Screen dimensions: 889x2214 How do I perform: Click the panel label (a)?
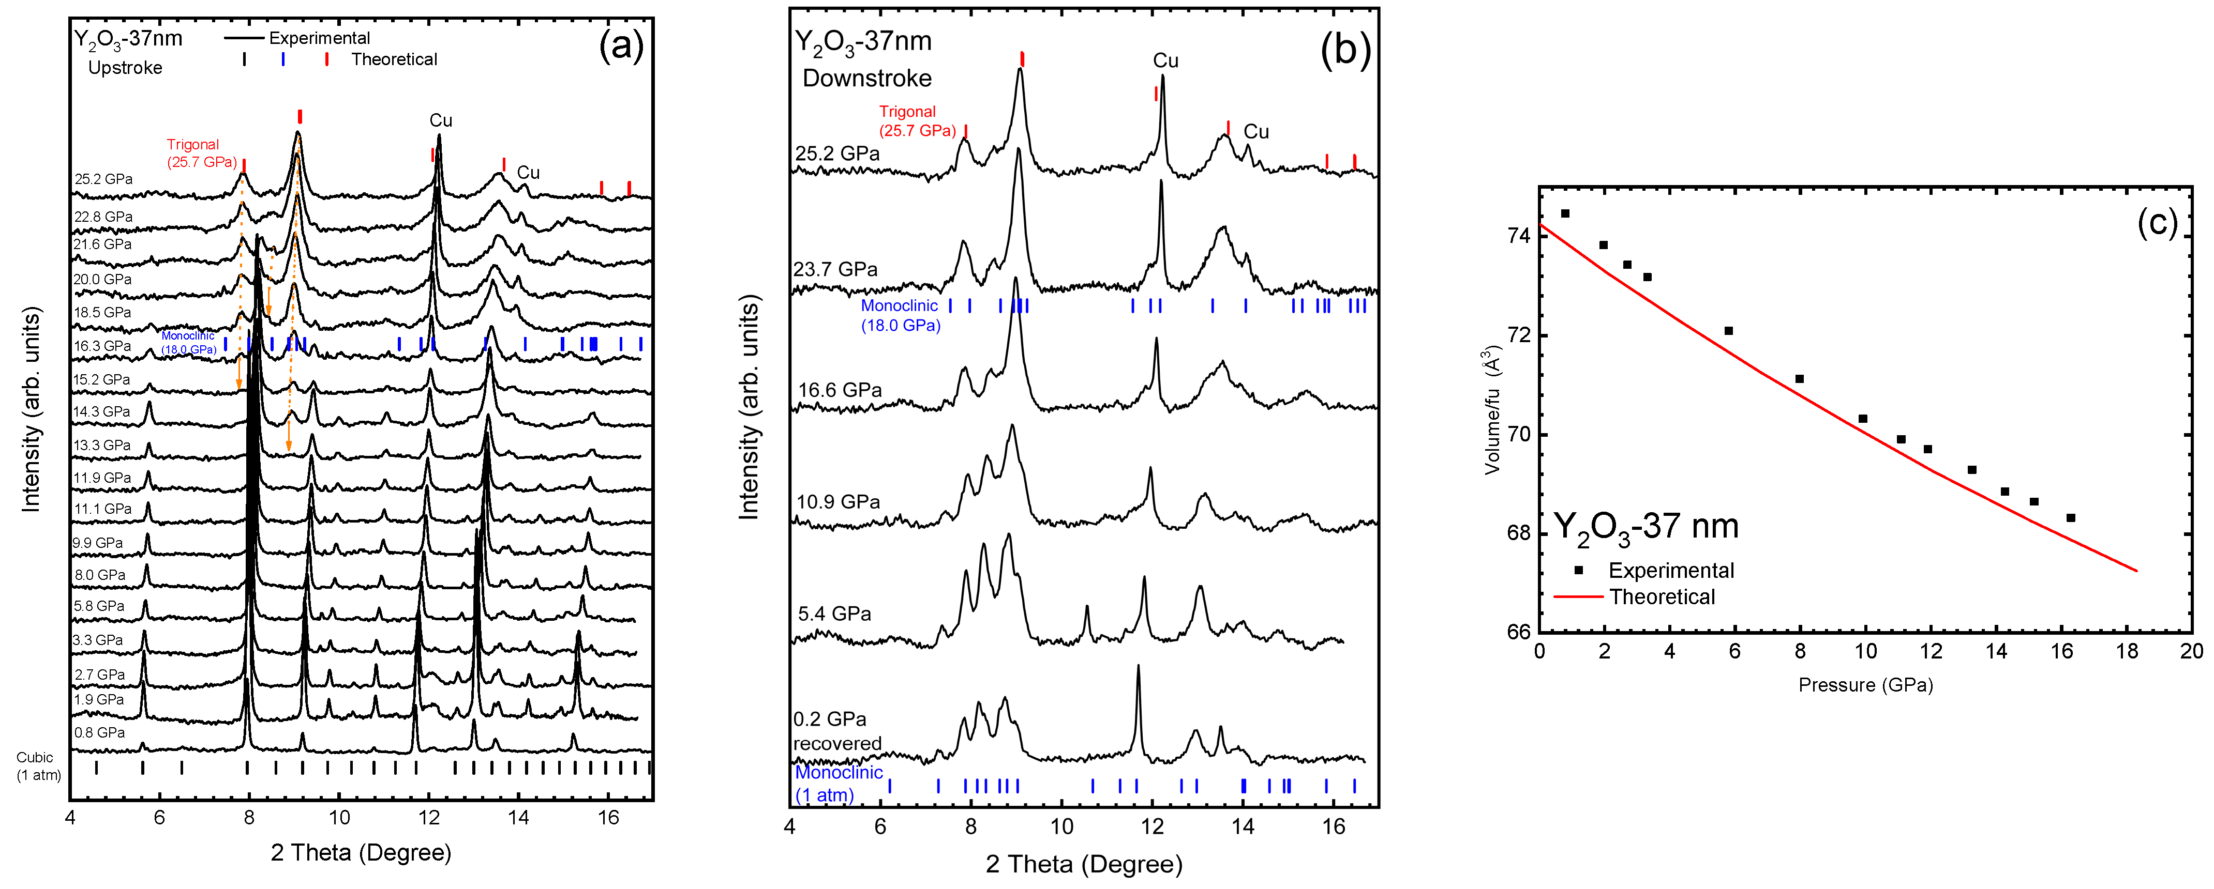click(x=621, y=45)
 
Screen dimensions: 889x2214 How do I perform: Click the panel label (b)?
click(x=1345, y=49)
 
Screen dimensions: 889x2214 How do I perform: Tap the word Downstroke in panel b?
click(x=866, y=78)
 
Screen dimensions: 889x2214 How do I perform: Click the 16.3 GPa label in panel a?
click(x=102, y=346)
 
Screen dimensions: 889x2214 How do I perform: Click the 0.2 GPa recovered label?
click(x=836, y=731)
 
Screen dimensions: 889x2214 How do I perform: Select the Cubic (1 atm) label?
click(x=38, y=766)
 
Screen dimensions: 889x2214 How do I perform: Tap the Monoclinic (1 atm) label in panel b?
click(x=838, y=784)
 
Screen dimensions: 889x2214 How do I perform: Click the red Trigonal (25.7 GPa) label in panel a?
click(x=201, y=153)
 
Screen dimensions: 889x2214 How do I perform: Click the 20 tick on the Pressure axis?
click(x=2191, y=651)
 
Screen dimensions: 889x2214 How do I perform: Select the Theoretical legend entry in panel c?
click(x=1660, y=597)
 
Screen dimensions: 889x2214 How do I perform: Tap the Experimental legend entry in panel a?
click(x=319, y=38)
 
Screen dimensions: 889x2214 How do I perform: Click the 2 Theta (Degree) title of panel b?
click(x=1083, y=864)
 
